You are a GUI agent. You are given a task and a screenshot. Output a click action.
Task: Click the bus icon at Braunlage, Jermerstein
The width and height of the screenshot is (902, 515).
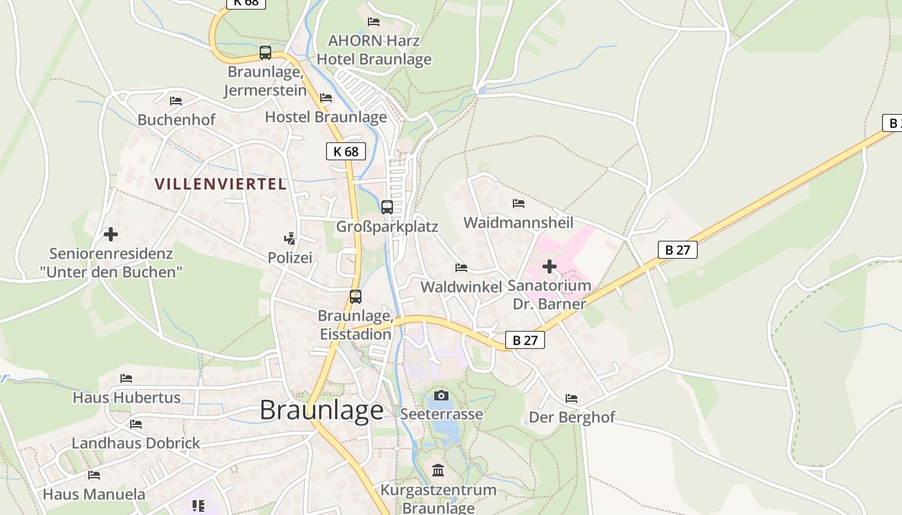[265, 53]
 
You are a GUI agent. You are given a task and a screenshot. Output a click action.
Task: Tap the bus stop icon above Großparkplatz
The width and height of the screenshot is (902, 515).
[387, 207]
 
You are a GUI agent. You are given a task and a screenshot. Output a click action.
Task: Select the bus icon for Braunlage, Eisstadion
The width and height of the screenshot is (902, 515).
[355, 297]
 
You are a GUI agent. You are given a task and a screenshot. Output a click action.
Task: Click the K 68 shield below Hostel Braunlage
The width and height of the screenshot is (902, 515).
[345, 151]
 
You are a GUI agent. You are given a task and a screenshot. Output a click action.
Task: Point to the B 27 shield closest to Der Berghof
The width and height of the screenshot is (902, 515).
[525, 340]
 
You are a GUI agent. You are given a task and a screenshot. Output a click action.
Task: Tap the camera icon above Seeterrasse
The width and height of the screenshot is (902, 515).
[441, 395]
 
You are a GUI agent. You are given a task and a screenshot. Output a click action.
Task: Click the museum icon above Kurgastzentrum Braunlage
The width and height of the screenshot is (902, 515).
[438, 471]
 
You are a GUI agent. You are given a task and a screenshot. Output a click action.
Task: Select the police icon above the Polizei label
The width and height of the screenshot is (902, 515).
[290, 239]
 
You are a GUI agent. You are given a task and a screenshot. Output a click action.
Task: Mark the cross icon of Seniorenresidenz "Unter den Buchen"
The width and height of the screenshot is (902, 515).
[111, 234]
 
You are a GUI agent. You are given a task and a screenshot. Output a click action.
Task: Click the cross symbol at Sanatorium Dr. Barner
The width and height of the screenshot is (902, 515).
[549, 266]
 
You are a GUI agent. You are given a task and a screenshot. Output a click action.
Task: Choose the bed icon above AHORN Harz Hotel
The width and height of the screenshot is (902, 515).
[373, 22]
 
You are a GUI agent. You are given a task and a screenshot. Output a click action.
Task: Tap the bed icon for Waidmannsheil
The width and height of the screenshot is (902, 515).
[518, 203]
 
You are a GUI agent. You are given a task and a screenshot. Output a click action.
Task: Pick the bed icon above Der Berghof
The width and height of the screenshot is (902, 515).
[571, 398]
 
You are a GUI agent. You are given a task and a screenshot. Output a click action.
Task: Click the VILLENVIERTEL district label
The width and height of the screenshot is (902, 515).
[220, 184]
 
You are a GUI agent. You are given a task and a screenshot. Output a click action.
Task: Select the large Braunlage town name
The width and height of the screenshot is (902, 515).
[321, 410]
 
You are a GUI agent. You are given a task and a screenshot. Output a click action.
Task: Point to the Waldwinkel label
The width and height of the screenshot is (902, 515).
[461, 286]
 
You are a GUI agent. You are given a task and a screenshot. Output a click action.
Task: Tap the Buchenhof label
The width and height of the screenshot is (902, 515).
[176, 120]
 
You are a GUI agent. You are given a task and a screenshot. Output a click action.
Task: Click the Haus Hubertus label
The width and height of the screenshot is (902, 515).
[126, 397]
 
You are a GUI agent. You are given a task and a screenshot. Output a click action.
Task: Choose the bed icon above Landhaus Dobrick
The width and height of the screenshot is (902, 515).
[135, 424]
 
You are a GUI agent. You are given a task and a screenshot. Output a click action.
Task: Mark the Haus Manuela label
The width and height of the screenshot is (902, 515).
[94, 494]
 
